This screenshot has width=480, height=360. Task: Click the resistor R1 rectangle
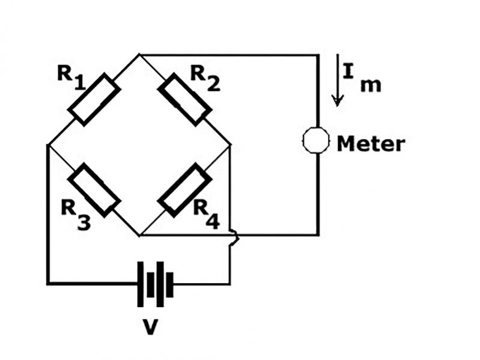[94, 99]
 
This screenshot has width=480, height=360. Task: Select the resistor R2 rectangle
[184, 99]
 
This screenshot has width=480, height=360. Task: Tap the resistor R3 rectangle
[94, 189]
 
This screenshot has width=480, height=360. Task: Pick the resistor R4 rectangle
[184, 189]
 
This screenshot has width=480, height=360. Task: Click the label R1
[71, 76]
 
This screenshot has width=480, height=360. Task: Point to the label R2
[205, 76]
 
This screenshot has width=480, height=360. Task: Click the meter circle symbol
[316, 141]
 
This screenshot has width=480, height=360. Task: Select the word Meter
[371, 144]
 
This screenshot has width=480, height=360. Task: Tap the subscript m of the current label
[370, 85]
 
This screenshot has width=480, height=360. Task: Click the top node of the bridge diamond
[139, 55]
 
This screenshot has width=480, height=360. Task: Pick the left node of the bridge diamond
[47, 145]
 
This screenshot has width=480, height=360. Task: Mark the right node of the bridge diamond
[230, 145]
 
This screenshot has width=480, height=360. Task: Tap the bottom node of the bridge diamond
[139, 235]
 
